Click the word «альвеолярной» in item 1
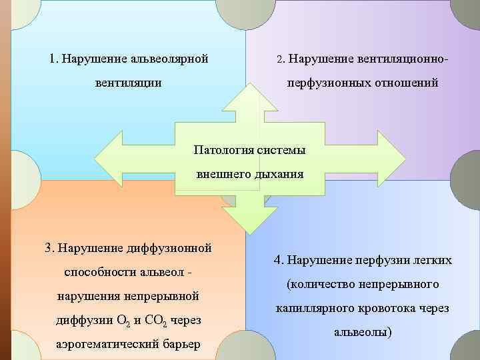coord(168,59)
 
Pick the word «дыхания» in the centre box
coord(278,175)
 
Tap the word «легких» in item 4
coord(431,260)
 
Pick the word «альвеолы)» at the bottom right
coord(363,332)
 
